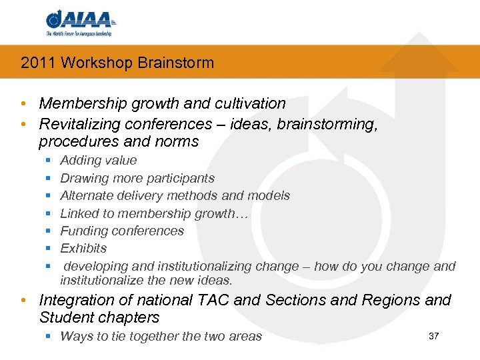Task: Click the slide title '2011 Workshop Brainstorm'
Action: click(x=117, y=63)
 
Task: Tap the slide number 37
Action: click(x=433, y=335)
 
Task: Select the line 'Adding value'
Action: click(x=98, y=160)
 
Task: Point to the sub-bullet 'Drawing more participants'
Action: click(x=137, y=178)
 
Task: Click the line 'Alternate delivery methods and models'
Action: click(x=175, y=195)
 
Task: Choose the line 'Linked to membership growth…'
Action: click(x=154, y=213)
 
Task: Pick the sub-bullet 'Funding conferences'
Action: click(x=121, y=231)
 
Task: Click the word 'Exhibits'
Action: click(x=83, y=248)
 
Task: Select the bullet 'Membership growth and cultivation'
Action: click(x=162, y=103)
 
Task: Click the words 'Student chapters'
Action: click(x=99, y=317)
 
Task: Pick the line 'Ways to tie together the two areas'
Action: click(x=161, y=336)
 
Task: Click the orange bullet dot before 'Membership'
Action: click(x=23, y=104)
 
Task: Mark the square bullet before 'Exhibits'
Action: click(x=49, y=249)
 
